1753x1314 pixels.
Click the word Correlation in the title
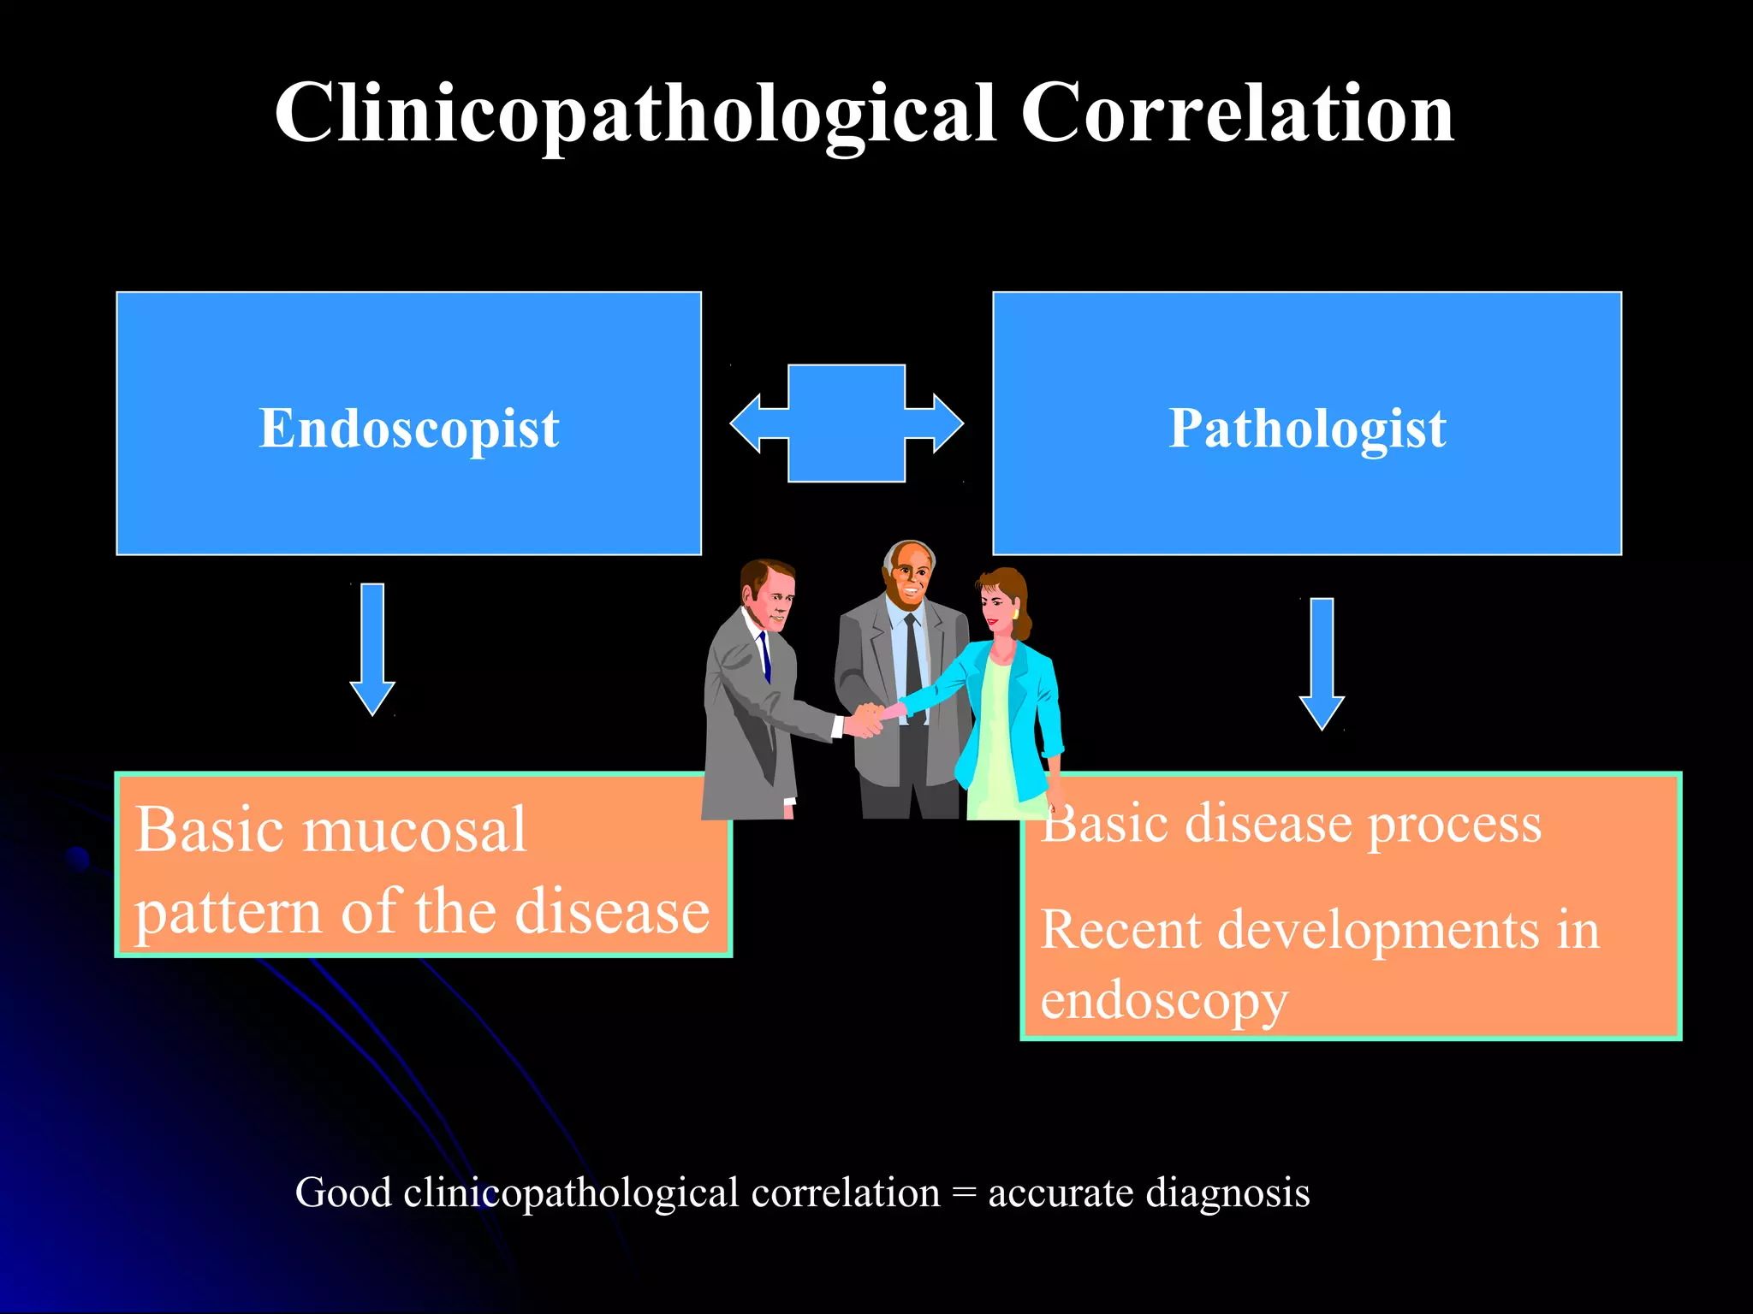[x=1237, y=114]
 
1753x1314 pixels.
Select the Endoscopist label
[x=409, y=428]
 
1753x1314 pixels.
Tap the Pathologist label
[x=1307, y=428]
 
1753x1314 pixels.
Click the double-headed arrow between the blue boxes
[x=847, y=423]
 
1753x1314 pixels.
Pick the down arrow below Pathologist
[x=1322, y=663]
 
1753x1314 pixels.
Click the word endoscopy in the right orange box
[x=1163, y=1001]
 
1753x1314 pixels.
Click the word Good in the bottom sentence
[x=343, y=1193]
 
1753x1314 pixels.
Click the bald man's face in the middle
[x=910, y=580]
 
